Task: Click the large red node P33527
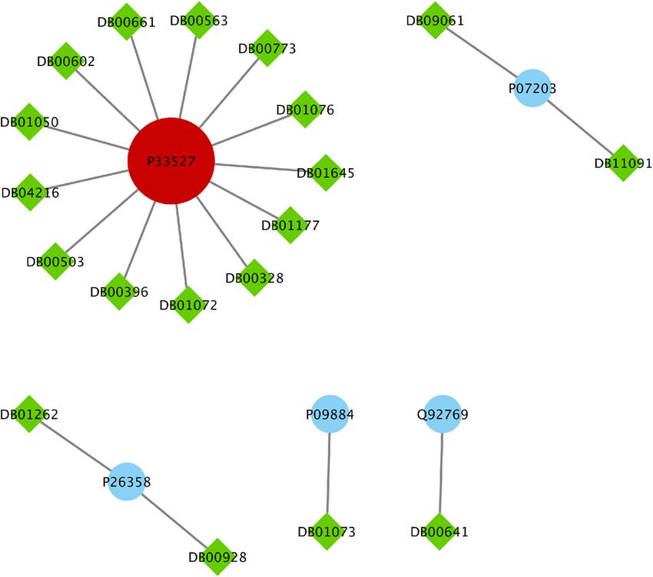tap(171, 161)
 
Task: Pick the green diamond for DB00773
tap(266, 48)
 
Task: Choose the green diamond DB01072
tap(187, 305)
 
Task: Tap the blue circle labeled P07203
tap(532, 89)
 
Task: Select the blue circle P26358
tap(126, 482)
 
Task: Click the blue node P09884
tap(330, 414)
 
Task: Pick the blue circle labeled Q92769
tap(442, 414)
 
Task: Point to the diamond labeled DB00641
tap(439, 532)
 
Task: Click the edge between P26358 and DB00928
tap(172, 518)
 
